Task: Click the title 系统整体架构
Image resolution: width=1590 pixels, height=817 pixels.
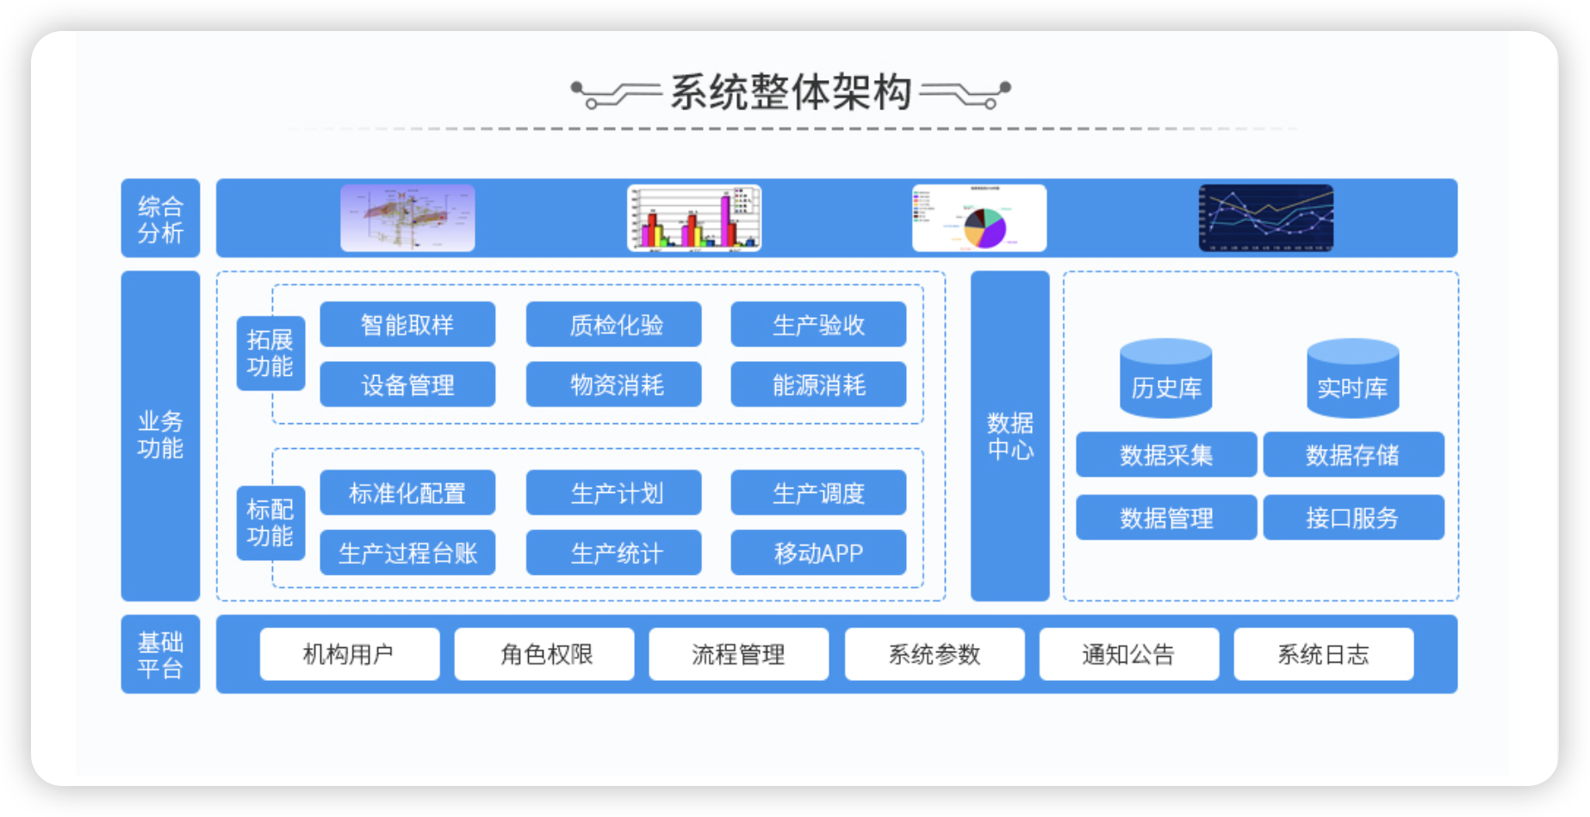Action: tap(791, 92)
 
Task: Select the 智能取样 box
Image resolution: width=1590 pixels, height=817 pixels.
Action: tap(407, 325)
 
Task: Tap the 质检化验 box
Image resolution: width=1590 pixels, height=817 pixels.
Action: tap(613, 325)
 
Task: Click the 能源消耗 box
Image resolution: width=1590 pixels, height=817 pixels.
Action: tap(818, 384)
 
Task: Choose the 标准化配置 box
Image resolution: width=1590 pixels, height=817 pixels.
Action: tap(407, 493)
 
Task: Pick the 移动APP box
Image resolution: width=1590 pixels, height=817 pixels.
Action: tap(818, 552)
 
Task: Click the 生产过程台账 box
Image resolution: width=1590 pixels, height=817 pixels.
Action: tap(407, 552)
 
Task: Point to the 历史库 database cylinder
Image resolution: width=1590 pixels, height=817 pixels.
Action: tap(1165, 379)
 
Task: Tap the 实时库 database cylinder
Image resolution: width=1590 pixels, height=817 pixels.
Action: tap(1352, 379)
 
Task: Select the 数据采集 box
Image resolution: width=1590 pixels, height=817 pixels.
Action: tap(1166, 455)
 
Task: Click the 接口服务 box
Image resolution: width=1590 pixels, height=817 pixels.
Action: tap(1353, 517)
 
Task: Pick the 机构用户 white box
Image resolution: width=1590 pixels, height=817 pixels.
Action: tap(350, 654)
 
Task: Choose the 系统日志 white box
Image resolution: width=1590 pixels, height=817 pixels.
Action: tap(1323, 654)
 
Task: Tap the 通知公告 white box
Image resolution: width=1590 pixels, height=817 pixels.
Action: tap(1128, 654)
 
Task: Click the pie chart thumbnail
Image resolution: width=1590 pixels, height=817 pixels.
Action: tap(979, 218)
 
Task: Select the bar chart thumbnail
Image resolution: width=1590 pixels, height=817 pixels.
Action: tap(694, 218)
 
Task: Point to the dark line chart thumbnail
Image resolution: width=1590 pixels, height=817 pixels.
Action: tap(1266, 218)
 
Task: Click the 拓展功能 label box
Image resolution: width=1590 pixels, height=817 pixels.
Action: tap(270, 353)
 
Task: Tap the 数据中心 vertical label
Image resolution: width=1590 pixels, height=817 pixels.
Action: tap(1009, 436)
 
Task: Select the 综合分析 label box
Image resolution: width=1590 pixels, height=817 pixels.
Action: tap(160, 218)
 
